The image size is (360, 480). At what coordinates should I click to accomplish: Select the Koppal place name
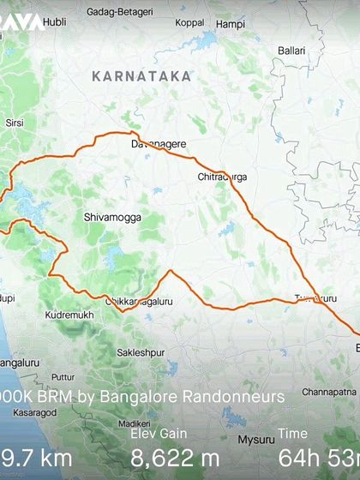pyautogui.click(x=189, y=24)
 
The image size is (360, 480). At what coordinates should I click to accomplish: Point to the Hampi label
pyautogui.click(x=230, y=25)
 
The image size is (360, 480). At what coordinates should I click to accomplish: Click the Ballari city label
pyautogui.click(x=291, y=51)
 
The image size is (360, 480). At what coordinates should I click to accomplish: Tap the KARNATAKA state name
pyautogui.click(x=141, y=76)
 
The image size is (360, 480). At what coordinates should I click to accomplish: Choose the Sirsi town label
pyautogui.click(x=15, y=123)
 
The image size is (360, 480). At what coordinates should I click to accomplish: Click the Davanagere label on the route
pyautogui.click(x=158, y=145)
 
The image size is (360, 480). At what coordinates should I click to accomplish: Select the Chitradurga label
pyautogui.click(x=222, y=177)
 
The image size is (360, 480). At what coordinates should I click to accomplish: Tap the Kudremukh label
pyautogui.click(x=65, y=316)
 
